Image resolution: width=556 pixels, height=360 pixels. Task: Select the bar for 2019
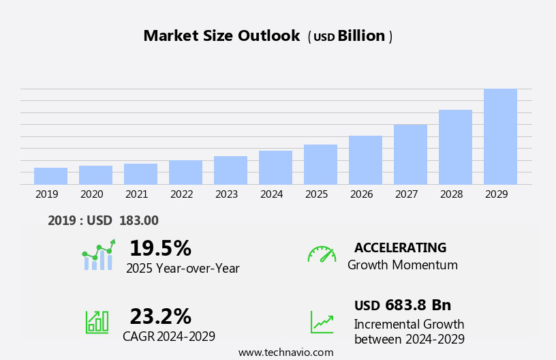coord(50,176)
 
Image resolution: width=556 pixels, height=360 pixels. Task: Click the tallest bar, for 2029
coord(500,136)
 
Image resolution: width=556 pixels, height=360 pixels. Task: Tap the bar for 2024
coord(275,168)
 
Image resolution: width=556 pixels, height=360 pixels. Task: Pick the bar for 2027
coord(410,154)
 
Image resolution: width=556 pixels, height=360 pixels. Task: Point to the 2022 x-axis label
coord(181,194)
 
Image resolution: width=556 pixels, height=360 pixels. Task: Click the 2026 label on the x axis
coord(361,194)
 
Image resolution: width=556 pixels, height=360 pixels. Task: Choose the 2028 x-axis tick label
coord(451,194)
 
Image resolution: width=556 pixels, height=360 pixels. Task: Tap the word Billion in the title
coord(361,36)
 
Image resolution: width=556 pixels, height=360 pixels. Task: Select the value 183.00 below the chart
coord(139,220)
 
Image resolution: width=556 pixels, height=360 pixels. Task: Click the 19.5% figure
coord(160,248)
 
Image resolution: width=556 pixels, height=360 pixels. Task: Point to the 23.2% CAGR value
coord(160,316)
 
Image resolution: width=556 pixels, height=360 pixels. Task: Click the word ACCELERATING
coord(400,247)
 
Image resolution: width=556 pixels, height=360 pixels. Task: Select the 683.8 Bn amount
coord(418,305)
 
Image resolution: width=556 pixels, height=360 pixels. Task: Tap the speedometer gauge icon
coord(322,254)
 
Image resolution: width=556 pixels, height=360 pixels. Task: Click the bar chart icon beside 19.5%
coord(98,256)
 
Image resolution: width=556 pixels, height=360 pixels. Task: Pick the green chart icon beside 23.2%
coord(97,322)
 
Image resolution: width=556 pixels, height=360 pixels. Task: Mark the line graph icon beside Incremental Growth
coord(322,322)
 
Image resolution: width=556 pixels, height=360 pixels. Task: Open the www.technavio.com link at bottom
coord(285,352)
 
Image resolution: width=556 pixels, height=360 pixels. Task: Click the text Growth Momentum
coord(402,265)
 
